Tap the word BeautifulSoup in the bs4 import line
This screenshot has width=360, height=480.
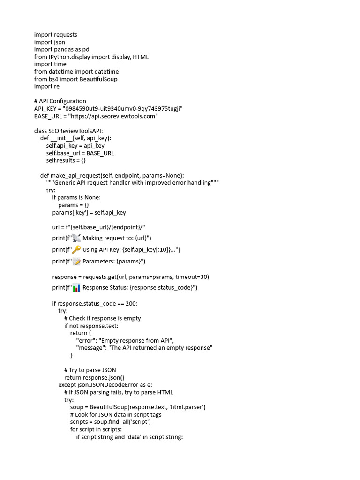[x=98, y=79]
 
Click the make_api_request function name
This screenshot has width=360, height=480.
[x=75, y=175]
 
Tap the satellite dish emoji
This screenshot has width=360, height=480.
[x=76, y=238]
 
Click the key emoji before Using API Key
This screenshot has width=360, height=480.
[x=76, y=249]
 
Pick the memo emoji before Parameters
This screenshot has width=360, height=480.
[x=76, y=261]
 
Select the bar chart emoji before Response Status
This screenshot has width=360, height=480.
[x=76, y=287]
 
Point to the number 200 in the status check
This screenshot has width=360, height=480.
[x=131, y=303]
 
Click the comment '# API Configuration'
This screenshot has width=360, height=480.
[x=60, y=101]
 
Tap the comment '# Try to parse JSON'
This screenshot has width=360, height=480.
[x=90, y=370]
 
